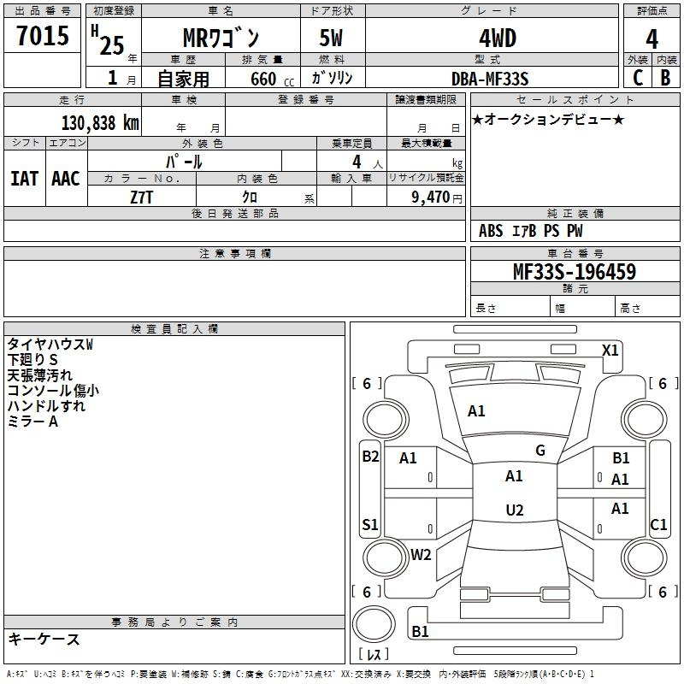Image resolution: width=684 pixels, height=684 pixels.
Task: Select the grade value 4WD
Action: point(490,38)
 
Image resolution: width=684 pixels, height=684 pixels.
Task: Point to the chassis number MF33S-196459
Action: point(574,272)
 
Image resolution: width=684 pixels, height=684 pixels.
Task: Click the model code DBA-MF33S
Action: point(490,79)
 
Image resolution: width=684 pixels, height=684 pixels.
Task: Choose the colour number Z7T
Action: point(142,196)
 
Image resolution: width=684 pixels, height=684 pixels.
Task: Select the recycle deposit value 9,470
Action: point(429,197)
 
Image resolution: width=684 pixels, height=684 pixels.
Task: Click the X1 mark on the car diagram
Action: point(610,351)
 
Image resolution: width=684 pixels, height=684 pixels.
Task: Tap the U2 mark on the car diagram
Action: point(514,510)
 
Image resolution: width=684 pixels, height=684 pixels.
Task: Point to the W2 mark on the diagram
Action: point(421,554)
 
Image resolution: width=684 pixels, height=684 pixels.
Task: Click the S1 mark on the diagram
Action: point(370,525)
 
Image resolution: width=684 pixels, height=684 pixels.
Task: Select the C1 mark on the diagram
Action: point(658,525)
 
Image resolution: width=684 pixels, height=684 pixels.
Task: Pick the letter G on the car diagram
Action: point(540,451)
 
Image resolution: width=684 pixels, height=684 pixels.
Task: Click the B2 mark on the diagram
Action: point(370,457)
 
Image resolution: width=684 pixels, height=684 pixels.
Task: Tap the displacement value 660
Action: point(263,79)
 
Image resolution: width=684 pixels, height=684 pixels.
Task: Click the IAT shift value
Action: point(24,179)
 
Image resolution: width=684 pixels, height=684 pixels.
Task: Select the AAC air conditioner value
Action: point(66,179)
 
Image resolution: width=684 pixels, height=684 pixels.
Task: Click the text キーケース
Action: point(44,639)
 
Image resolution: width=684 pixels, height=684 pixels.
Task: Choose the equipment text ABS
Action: point(491,231)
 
